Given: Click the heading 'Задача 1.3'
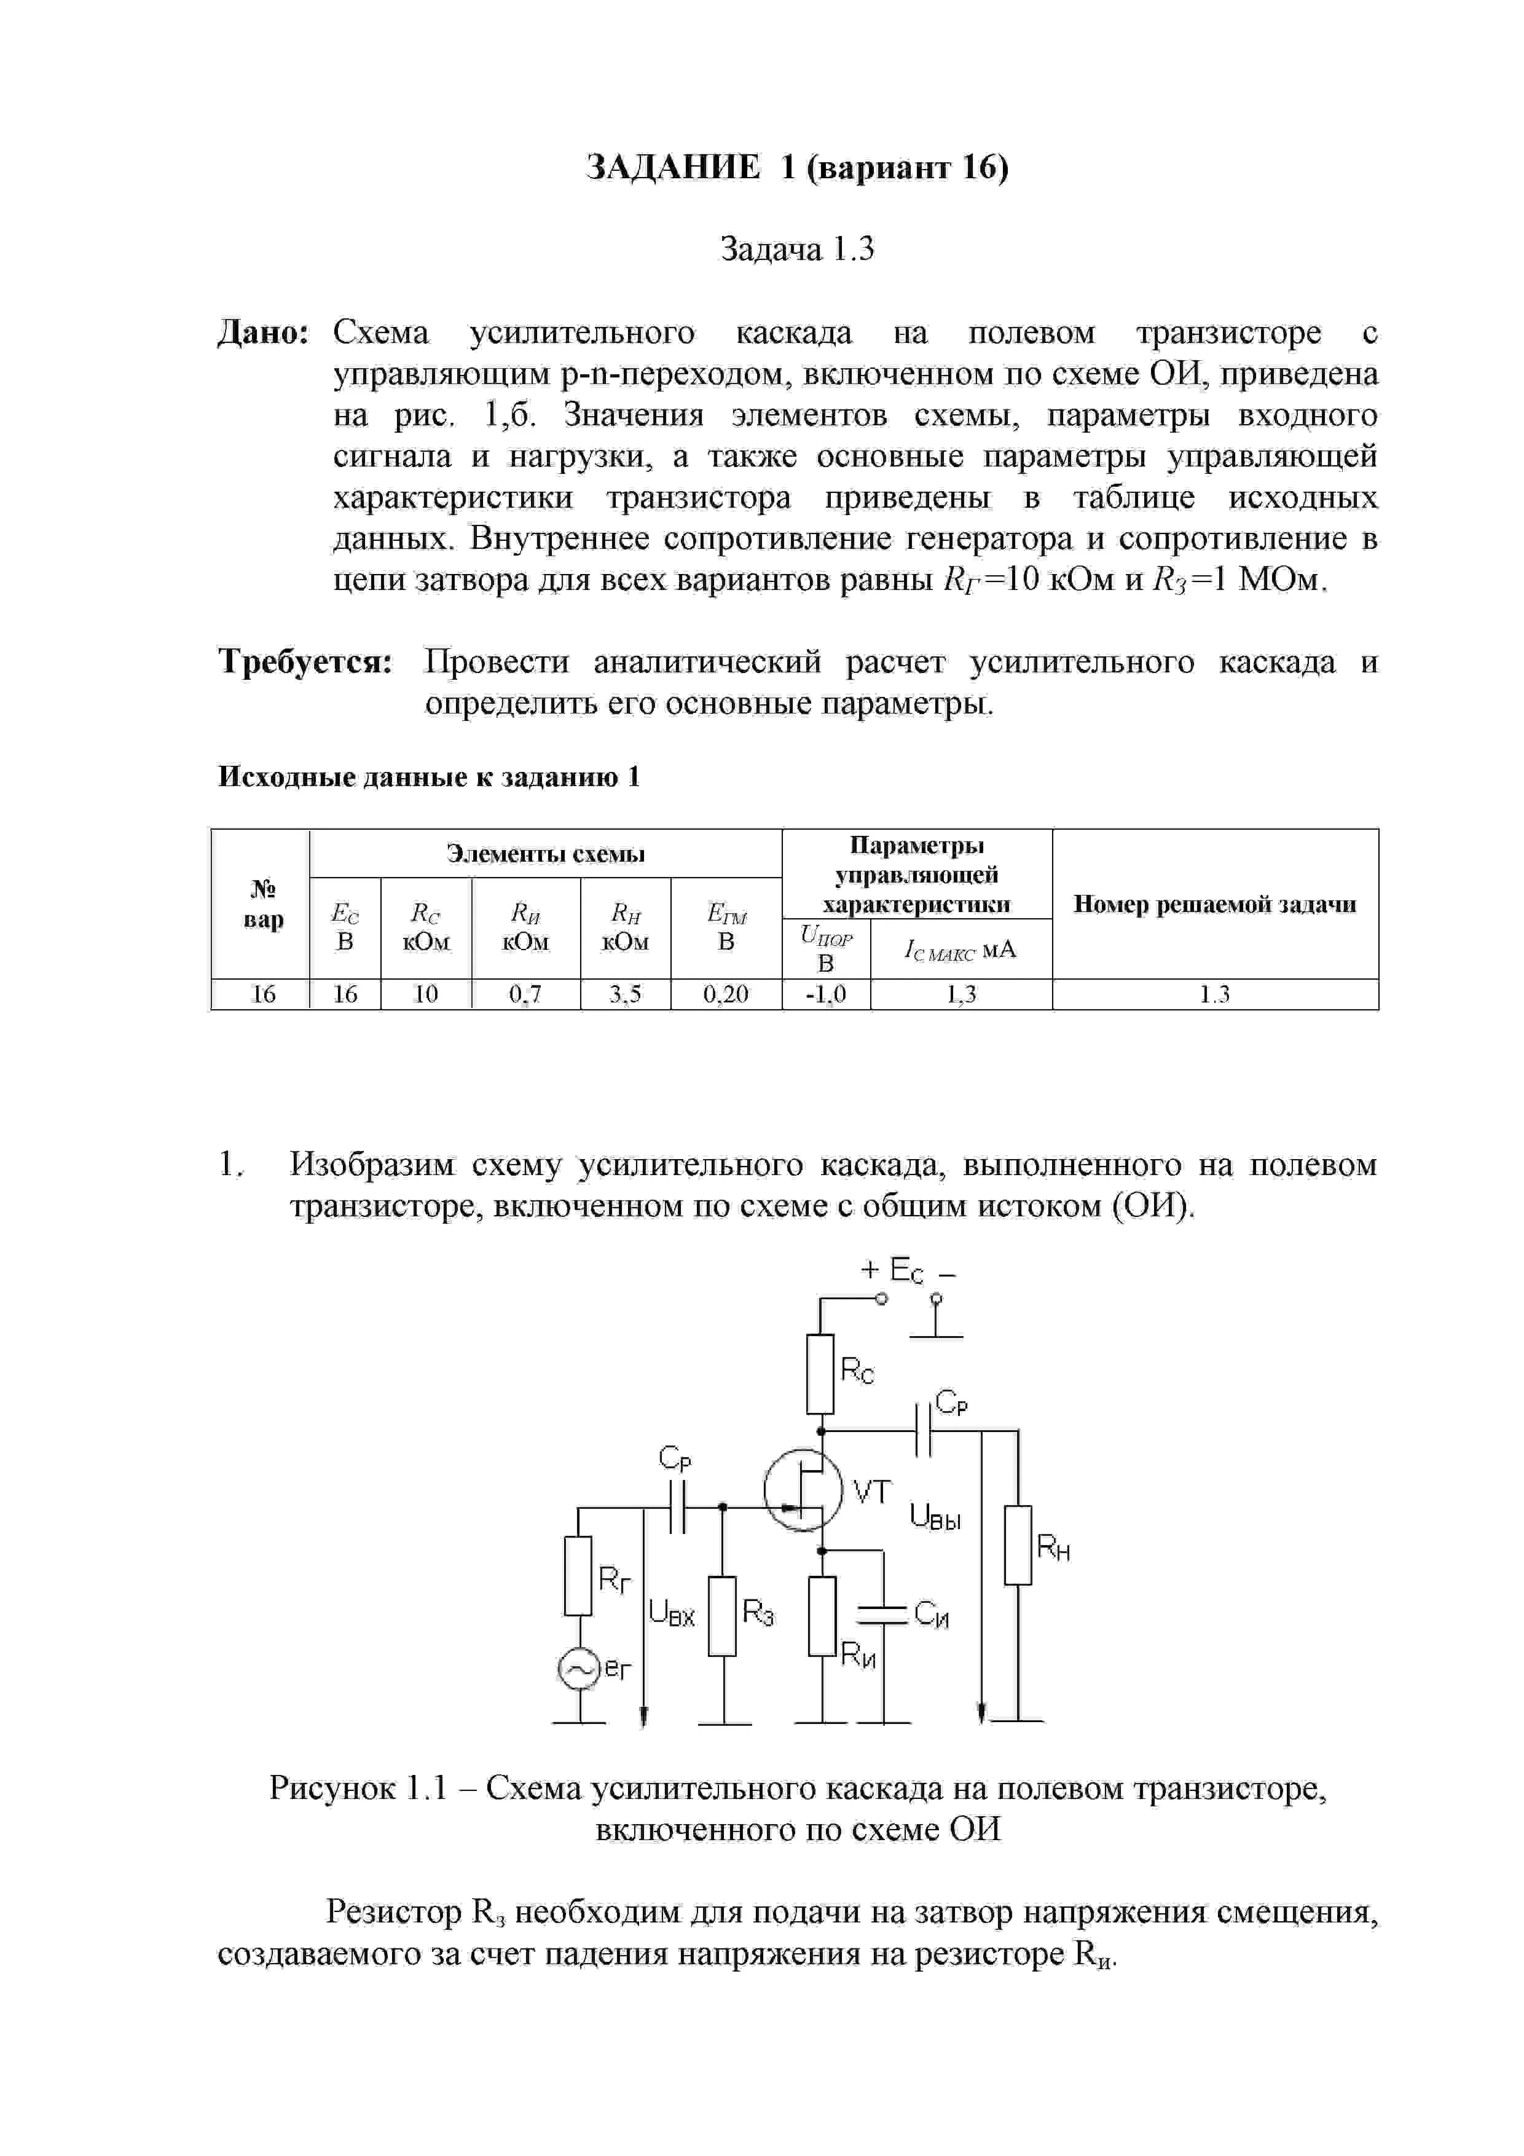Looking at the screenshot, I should tap(796, 249).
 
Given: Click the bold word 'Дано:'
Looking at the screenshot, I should tap(264, 332).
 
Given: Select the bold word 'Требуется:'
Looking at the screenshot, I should tap(305, 662).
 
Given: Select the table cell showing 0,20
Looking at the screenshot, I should tap(726, 994).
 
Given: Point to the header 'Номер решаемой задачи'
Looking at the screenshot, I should tap(1214, 904).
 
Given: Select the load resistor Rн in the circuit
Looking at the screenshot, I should tap(1018, 1544).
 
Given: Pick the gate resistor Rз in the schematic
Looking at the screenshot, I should tap(722, 1616).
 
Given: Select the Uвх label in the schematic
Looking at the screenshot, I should tap(672, 1614).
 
